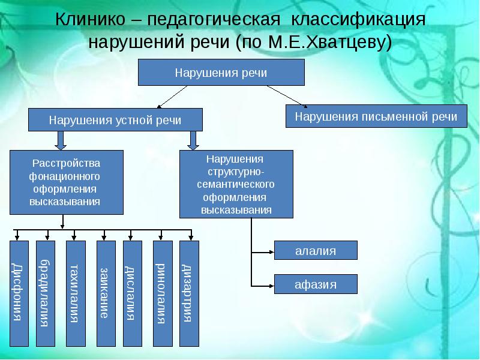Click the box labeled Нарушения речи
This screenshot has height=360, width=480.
click(221, 73)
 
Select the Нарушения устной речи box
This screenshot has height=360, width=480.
click(115, 119)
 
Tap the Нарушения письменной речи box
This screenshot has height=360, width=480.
click(376, 116)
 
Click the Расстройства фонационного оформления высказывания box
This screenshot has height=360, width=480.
click(66, 182)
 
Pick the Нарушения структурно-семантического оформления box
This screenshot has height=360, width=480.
click(236, 184)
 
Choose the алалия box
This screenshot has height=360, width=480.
click(316, 250)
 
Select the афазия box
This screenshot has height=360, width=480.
click(316, 283)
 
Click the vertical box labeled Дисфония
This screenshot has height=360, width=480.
click(19, 293)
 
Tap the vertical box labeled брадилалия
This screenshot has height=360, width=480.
click(46, 293)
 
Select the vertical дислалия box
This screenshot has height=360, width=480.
click(132, 293)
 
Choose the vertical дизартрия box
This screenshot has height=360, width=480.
click(189, 293)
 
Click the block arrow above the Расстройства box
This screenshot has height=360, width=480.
click(60, 140)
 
